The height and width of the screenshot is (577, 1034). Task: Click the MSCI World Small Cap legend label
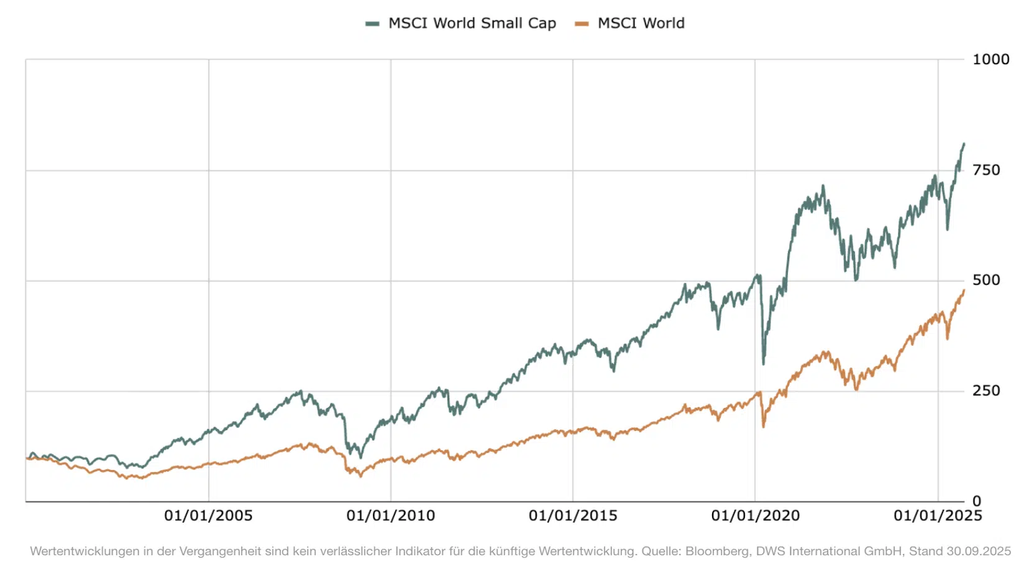pyautogui.click(x=472, y=24)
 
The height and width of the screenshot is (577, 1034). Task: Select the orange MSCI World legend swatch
pyautogui.click(x=582, y=24)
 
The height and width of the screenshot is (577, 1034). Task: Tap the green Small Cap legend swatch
pyautogui.click(x=372, y=24)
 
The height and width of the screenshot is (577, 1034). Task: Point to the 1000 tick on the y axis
pyautogui.click(x=991, y=60)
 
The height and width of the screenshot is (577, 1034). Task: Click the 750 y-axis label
pyautogui.click(x=986, y=170)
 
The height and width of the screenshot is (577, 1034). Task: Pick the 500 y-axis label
pyautogui.click(x=986, y=280)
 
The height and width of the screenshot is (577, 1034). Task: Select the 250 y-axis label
pyautogui.click(x=986, y=391)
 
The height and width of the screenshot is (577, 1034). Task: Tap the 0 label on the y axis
pyautogui.click(x=977, y=501)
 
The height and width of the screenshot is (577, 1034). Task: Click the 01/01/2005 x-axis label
pyautogui.click(x=208, y=516)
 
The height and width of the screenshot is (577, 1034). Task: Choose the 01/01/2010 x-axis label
pyautogui.click(x=391, y=516)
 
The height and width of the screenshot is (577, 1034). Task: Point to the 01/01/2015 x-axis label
pyautogui.click(x=573, y=516)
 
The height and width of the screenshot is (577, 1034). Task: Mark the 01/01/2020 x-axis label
pyautogui.click(x=756, y=516)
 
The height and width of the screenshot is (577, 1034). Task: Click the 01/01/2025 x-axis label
pyautogui.click(x=938, y=516)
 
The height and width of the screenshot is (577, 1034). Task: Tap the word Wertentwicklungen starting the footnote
pyautogui.click(x=85, y=552)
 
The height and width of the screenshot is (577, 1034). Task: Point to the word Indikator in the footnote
pyautogui.click(x=418, y=552)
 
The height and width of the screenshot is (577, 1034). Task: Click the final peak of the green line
pyautogui.click(x=964, y=144)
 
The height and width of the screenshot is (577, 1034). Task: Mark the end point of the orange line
pyautogui.click(x=964, y=290)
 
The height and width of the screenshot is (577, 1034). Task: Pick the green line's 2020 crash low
pyautogui.click(x=764, y=364)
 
